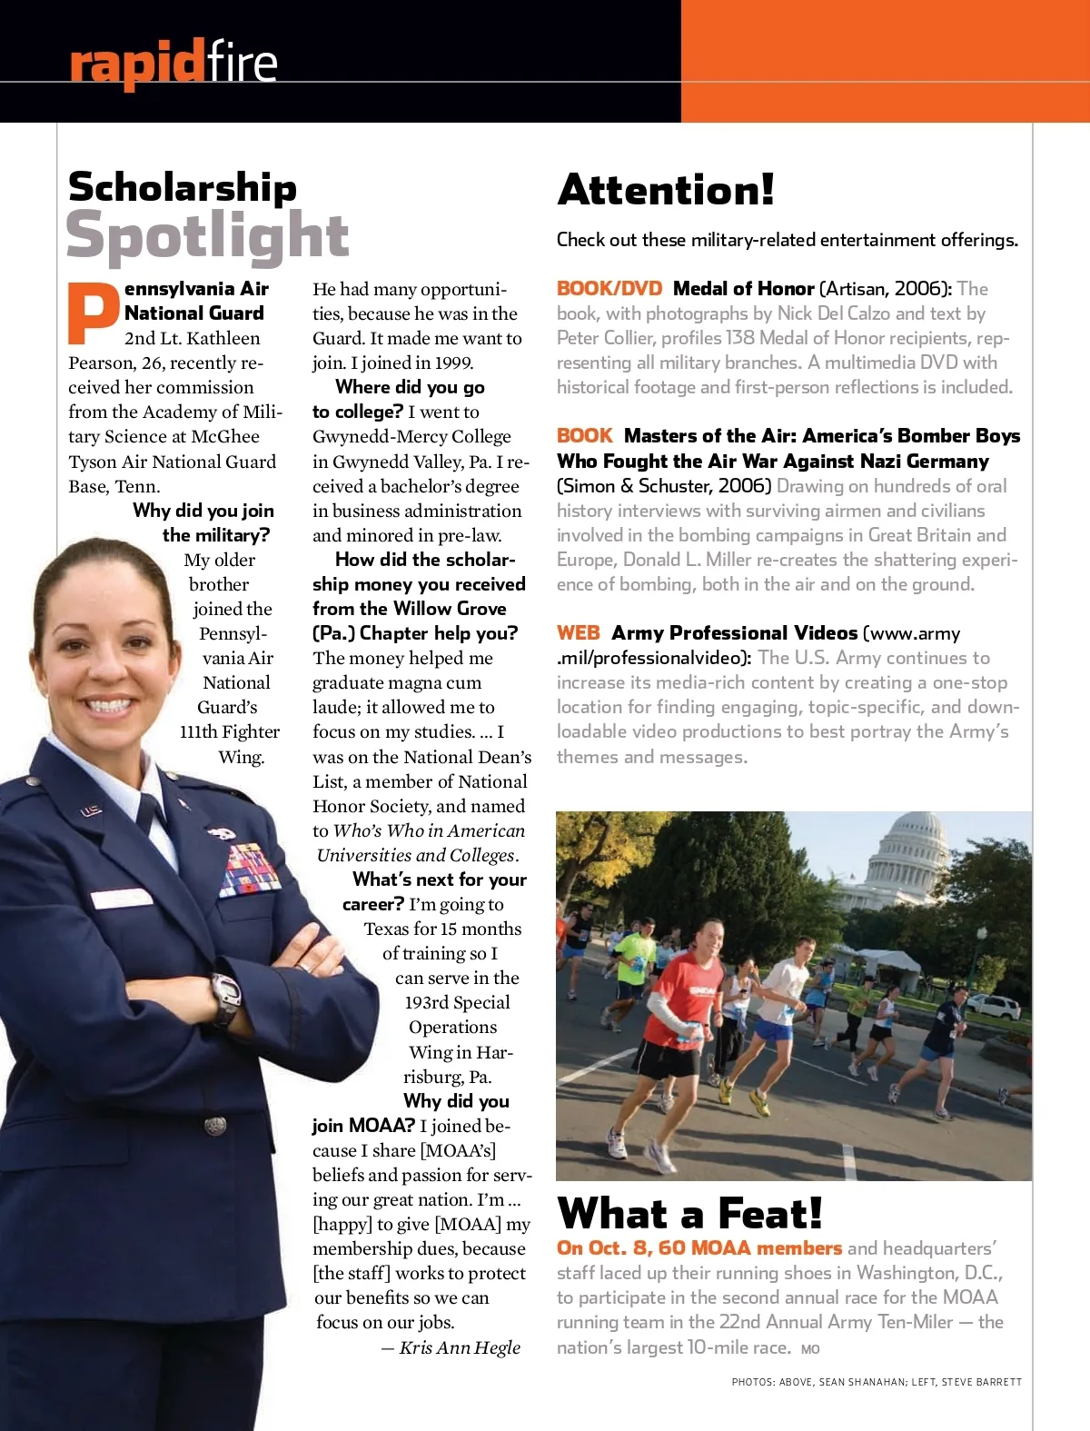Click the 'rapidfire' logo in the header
pyautogui.click(x=173, y=64)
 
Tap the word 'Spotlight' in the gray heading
pyautogui.click(x=207, y=235)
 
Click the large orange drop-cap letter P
pyautogui.click(x=94, y=313)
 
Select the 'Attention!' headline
pyautogui.click(x=666, y=190)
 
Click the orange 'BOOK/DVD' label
pyautogui.click(x=609, y=289)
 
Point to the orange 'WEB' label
pyautogui.click(x=579, y=633)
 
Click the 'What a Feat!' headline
pyautogui.click(x=689, y=1213)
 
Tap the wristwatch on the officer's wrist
pyautogui.click(x=225, y=997)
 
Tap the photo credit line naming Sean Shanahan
pyautogui.click(x=876, y=1382)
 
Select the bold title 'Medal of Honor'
pyautogui.click(x=743, y=289)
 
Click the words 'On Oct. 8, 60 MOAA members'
pyautogui.click(x=699, y=1248)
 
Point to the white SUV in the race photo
pyautogui.click(x=996, y=1007)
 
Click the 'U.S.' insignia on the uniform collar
pyautogui.click(x=92, y=810)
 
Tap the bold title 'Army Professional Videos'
pyautogui.click(x=734, y=633)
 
